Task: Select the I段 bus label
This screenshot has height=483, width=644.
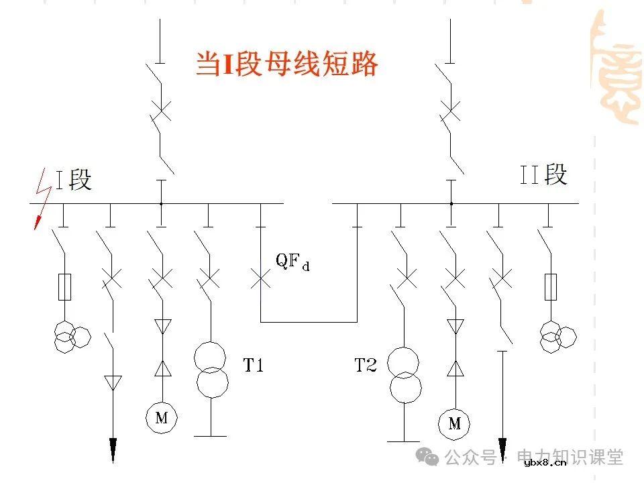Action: [73, 179]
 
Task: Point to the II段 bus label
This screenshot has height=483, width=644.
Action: [544, 175]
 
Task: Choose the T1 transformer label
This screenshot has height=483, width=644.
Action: [253, 366]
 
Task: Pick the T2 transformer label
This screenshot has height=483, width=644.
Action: [366, 366]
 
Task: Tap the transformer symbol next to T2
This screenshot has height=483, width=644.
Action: [405, 374]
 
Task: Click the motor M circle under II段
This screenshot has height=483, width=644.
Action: [454, 423]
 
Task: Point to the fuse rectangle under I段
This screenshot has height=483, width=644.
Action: [64, 287]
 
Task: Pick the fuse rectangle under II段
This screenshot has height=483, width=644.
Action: [551, 286]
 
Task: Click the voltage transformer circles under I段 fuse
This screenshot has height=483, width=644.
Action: [71, 336]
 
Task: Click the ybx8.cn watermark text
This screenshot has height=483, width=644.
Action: [545, 462]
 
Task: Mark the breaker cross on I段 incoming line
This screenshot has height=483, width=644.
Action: [161, 110]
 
